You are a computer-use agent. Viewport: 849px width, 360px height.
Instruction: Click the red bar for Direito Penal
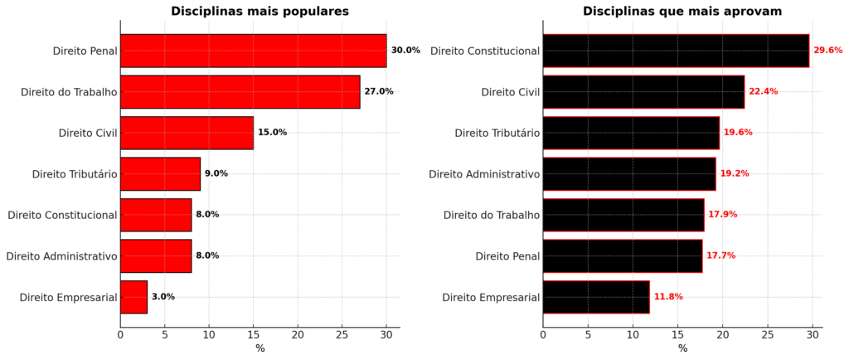[x=253, y=51]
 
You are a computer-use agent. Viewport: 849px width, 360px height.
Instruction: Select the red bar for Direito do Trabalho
[x=240, y=91]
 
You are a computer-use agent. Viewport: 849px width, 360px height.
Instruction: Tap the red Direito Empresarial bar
[x=133, y=297]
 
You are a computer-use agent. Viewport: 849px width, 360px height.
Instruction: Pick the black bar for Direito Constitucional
[x=676, y=51]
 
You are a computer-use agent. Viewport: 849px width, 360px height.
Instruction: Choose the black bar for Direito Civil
[x=643, y=91]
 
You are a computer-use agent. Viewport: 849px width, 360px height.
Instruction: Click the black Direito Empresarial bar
[x=596, y=297]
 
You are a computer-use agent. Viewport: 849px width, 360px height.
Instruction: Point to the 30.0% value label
[x=405, y=51]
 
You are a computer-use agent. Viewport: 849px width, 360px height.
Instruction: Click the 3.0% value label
[x=163, y=297]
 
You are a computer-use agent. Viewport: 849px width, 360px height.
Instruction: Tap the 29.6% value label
[x=827, y=51]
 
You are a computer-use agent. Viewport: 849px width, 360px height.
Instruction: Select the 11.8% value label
[x=668, y=297]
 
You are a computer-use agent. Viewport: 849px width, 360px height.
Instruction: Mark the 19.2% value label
[x=735, y=174]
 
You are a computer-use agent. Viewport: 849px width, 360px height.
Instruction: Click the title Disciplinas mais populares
[x=260, y=12]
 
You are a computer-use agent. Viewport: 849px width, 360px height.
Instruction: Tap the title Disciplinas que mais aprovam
[x=682, y=12]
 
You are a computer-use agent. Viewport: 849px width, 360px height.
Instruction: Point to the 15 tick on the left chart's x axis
[x=253, y=335]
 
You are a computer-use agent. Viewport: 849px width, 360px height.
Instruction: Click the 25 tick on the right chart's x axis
[x=768, y=335]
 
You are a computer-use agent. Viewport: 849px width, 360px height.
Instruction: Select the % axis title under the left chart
[x=260, y=349]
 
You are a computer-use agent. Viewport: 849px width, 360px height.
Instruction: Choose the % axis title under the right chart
[x=682, y=349]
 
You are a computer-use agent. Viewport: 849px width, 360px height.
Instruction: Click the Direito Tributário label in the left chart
[x=75, y=174]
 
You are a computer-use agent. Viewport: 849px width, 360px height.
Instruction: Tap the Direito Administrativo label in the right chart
[x=484, y=174]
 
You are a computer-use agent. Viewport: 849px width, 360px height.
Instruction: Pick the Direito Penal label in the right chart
[x=507, y=255]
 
